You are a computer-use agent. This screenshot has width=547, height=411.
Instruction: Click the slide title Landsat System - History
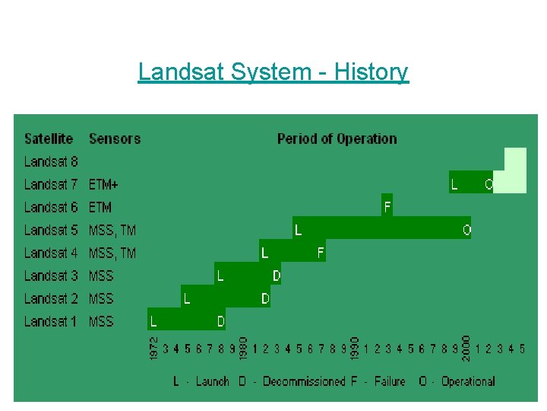pyautogui.click(x=273, y=72)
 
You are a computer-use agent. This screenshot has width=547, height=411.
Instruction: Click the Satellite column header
pyautogui.click(x=49, y=139)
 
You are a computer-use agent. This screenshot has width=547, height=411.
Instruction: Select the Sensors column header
pyautogui.click(x=115, y=139)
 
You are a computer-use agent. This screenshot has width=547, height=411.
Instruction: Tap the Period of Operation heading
pyautogui.click(x=337, y=139)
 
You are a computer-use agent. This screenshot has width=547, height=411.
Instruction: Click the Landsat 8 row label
pyautogui.click(x=51, y=161)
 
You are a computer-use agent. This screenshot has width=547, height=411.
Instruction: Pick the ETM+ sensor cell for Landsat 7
pyautogui.click(x=103, y=184)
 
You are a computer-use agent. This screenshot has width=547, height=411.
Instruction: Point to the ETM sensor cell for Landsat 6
pyautogui.click(x=100, y=207)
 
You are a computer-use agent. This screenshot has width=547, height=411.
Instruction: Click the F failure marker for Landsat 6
pyautogui.click(x=387, y=206)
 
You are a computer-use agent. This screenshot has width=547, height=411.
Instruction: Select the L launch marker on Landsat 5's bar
pyautogui.click(x=299, y=229)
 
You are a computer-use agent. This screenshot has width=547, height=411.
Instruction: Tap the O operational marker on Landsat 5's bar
pyautogui.click(x=466, y=229)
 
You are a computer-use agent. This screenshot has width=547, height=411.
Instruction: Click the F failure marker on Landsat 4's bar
pyautogui.click(x=321, y=252)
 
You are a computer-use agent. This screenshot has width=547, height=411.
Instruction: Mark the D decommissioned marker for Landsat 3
pyautogui.click(x=277, y=275)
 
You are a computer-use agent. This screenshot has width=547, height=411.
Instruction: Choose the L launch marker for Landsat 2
pyautogui.click(x=187, y=298)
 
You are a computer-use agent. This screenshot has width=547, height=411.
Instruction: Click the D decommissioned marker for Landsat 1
pyautogui.click(x=221, y=321)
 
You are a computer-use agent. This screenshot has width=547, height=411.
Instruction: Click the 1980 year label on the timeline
pyautogui.click(x=244, y=349)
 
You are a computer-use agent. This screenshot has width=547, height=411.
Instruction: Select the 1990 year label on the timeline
pyautogui.click(x=355, y=349)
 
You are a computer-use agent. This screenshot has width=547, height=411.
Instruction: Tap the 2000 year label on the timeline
pyautogui.click(x=466, y=349)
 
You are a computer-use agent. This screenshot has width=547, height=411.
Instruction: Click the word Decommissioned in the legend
pyautogui.click(x=303, y=381)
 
